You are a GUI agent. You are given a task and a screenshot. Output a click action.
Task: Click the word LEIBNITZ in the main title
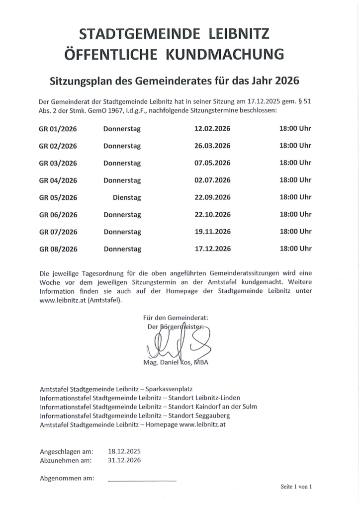point(237,34)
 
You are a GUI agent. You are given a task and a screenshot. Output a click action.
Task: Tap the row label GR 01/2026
point(58,129)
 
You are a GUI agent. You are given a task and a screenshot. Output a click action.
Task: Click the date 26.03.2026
point(212,146)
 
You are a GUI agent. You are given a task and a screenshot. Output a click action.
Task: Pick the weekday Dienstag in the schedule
point(127,197)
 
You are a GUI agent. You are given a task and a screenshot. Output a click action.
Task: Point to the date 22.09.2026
point(212,197)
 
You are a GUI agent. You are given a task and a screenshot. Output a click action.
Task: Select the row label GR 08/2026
point(58,249)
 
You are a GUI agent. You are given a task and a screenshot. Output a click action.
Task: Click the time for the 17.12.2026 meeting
point(295,248)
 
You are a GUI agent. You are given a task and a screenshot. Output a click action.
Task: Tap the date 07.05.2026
point(212,163)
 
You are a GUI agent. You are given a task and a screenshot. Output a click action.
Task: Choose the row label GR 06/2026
point(58,215)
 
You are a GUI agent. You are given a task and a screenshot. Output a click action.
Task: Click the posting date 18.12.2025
point(124,451)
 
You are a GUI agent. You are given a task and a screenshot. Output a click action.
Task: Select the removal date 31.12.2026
point(124,460)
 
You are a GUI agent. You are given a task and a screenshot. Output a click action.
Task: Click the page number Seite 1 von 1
point(296,487)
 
